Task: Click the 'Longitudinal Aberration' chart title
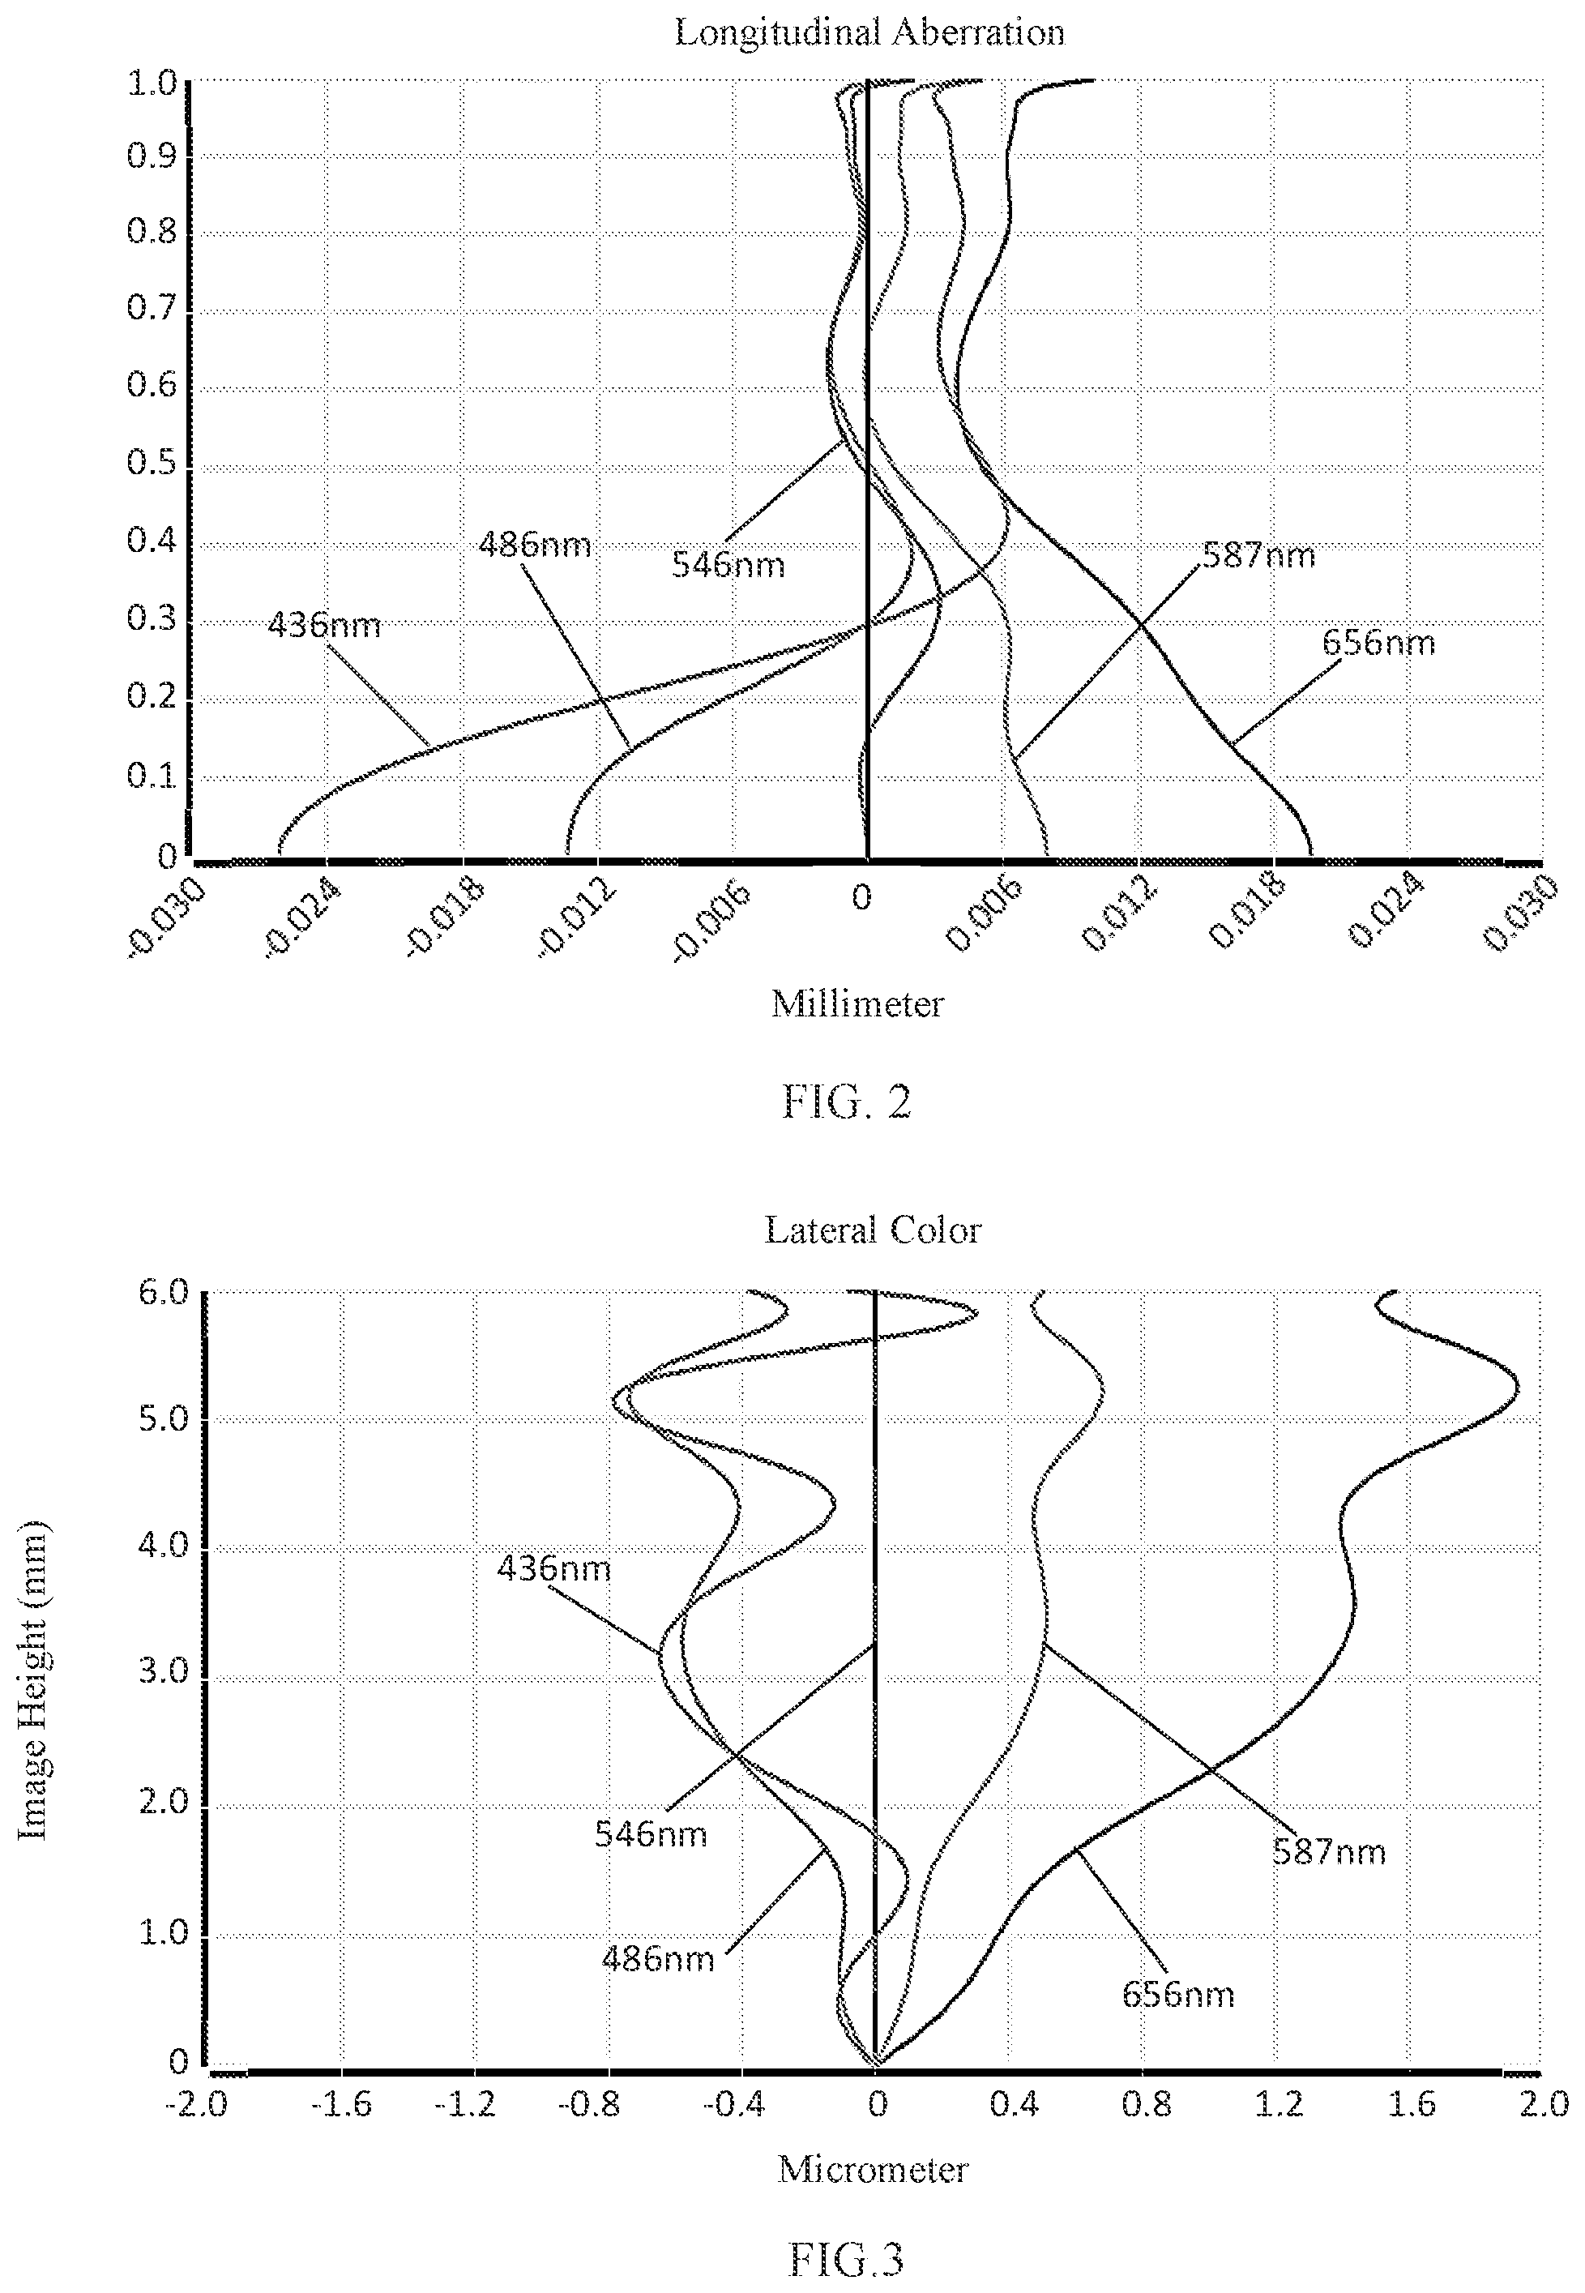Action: (x=869, y=32)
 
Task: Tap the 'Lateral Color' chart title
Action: (x=873, y=1230)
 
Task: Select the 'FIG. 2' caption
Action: (x=846, y=1102)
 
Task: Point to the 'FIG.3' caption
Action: (x=846, y=2227)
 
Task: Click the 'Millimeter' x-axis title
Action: (x=857, y=1004)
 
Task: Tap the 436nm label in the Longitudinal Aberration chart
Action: (x=324, y=626)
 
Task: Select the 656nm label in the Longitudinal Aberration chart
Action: (x=1378, y=643)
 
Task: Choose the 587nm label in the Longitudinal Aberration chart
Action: (x=1258, y=554)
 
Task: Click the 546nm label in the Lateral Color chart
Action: (x=651, y=1833)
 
